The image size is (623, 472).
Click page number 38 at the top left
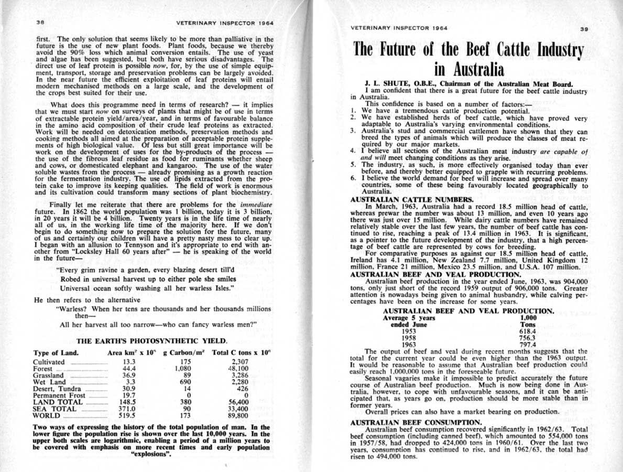tap(39, 22)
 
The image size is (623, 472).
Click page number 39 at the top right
tap(585, 29)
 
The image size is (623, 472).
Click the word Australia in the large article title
tap(470, 70)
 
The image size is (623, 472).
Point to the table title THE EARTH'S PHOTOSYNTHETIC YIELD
tap(151, 340)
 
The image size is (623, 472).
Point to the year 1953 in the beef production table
tap(409, 331)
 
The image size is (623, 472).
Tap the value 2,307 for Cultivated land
tap(237, 362)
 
